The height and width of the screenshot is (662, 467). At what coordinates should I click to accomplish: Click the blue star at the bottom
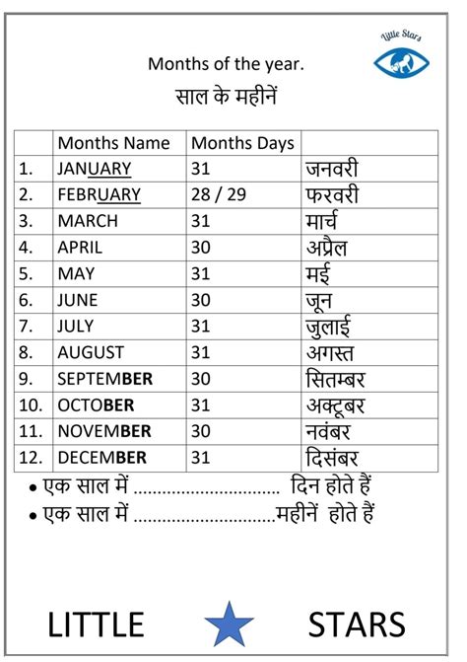230,624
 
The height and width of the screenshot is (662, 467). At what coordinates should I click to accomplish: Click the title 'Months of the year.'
226,64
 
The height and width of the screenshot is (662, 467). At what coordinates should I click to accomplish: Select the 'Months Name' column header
113,143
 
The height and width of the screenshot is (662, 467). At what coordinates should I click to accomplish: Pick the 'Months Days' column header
241,143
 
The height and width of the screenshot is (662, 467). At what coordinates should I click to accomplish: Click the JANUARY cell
95,169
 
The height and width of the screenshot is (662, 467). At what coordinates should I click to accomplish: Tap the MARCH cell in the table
88,221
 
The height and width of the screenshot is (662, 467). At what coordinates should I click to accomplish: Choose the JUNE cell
78,300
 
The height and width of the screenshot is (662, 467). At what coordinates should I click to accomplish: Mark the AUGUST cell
91,352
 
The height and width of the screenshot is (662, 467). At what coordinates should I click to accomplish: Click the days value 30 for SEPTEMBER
201,379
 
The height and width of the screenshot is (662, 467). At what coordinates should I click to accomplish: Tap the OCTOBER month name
96,405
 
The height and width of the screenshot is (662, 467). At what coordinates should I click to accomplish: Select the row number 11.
30,431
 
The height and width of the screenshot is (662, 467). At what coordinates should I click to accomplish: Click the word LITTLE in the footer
96,624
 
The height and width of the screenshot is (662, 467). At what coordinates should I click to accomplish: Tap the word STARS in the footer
357,624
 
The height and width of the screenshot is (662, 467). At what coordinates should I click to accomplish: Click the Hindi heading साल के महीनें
226,98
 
